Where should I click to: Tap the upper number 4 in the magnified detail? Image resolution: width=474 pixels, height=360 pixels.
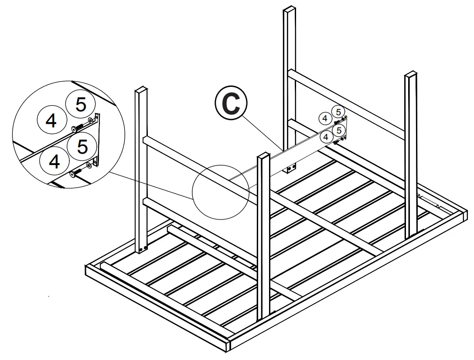[x=51, y=120]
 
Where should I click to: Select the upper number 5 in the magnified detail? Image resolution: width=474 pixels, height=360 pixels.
[x=81, y=105]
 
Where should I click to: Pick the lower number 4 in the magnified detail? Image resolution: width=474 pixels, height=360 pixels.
[x=54, y=161]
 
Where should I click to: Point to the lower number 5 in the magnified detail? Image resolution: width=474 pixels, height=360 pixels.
[x=82, y=146]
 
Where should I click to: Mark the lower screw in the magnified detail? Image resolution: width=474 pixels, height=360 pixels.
[x=75, y=173]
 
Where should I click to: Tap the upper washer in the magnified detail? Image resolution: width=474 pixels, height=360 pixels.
[x=90, y=120]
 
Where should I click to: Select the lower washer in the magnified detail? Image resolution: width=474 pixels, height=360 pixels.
[x=89, y=165]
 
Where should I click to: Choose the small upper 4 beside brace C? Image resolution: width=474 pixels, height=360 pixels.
[x=324, y=118]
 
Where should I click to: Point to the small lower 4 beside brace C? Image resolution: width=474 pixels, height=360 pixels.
[x=325, y=137]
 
